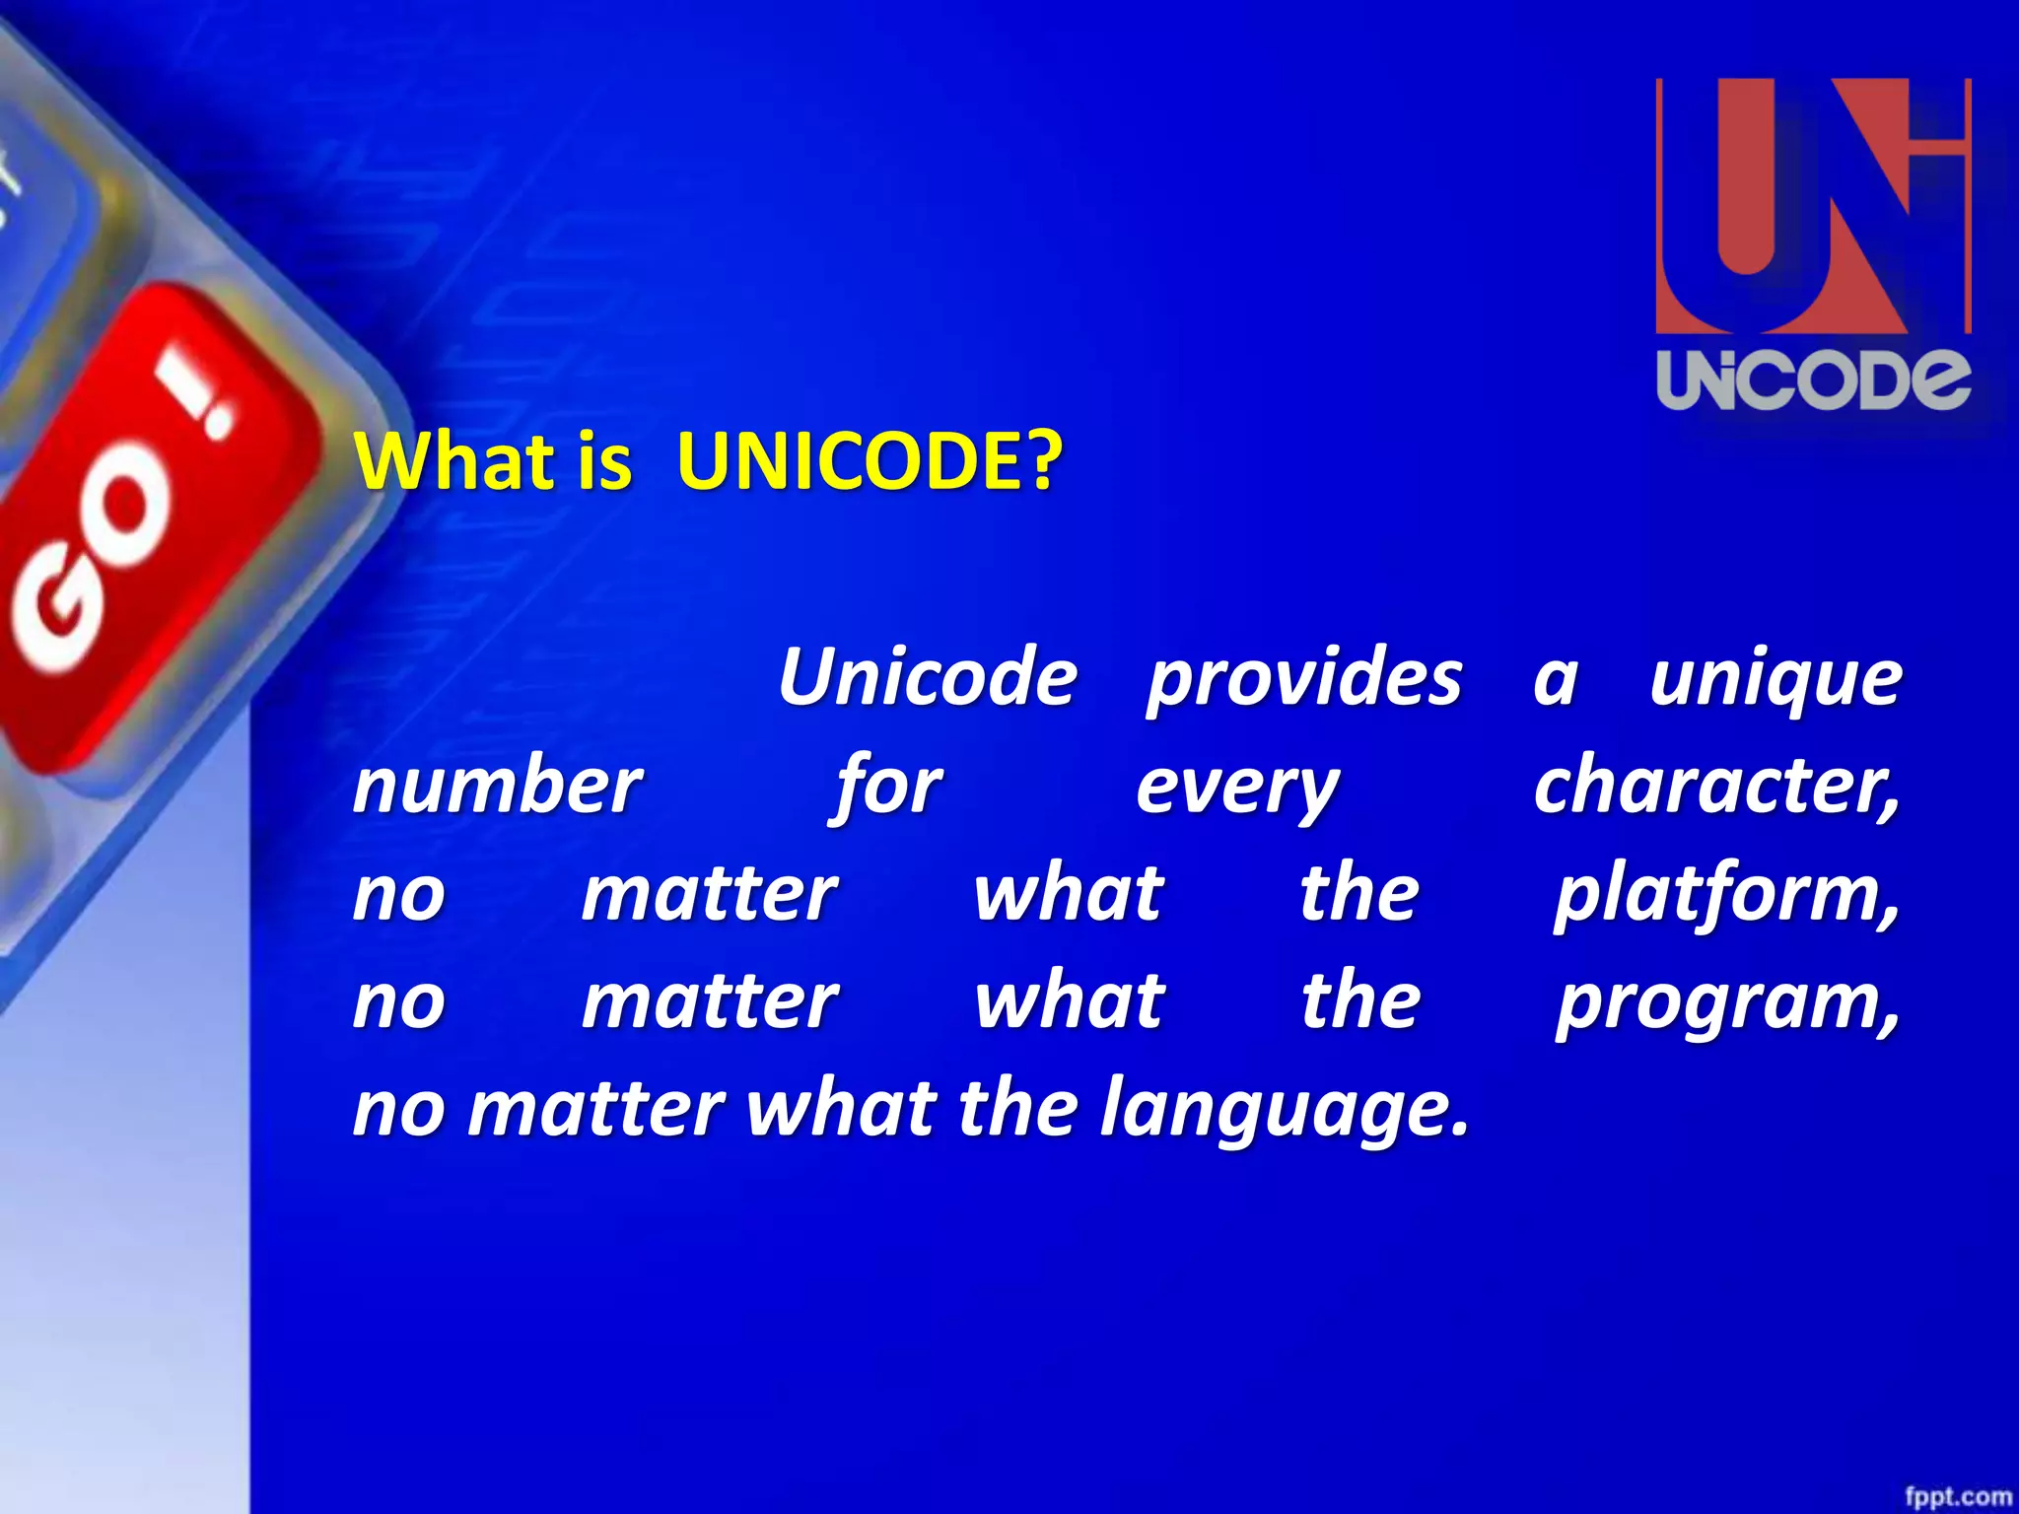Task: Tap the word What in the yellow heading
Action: (x=454, y=461)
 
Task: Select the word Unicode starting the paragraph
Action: (x=927, y=678)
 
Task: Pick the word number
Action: (x=497, y=786)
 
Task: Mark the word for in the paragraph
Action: (x=887, y=788)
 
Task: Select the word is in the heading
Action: (x=604, y=461)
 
